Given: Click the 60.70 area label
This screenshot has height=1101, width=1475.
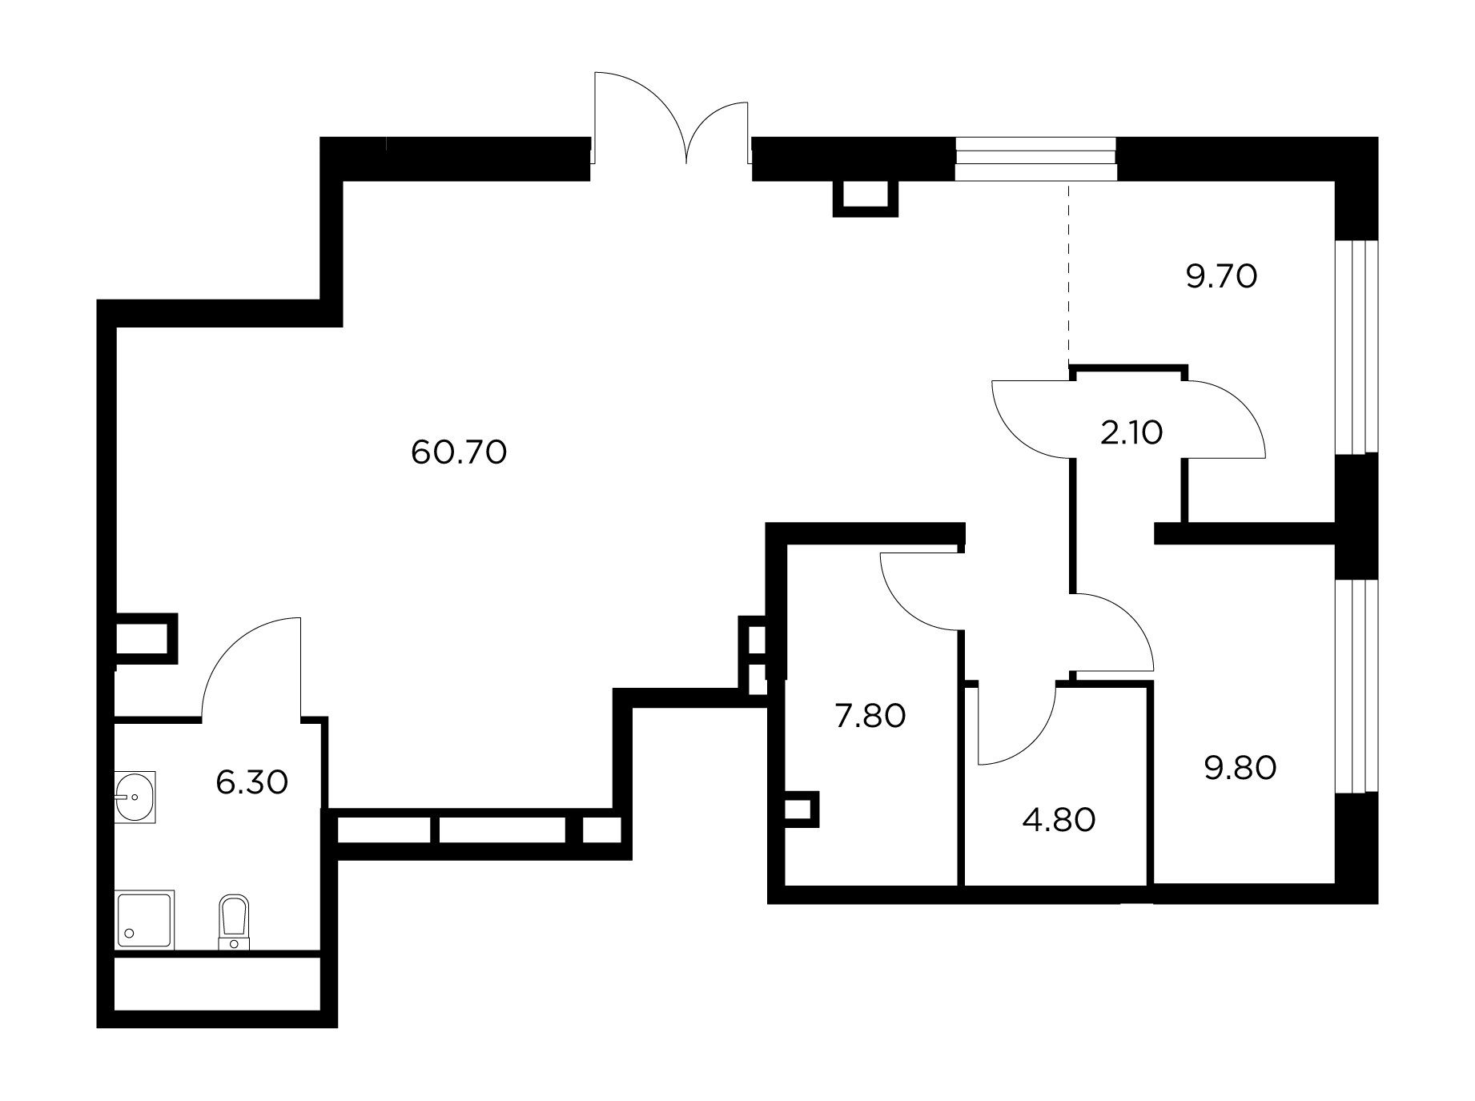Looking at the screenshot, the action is click(459, 453).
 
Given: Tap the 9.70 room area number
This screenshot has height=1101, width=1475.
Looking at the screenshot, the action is click(1221, 277).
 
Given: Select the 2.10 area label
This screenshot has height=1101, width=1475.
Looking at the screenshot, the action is click(1131, 432).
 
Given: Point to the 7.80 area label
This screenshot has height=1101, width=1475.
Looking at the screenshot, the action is click(870, 715).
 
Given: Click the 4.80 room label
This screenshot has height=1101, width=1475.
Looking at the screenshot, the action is click(1059, 820).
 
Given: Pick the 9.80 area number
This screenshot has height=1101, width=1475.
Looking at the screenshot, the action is click(1240, 768).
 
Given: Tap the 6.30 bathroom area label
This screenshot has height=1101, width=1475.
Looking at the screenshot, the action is click(251, 782).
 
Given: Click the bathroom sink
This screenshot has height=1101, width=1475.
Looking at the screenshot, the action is click(135, 797).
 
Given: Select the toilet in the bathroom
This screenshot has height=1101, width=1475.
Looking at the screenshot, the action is click(233, 922).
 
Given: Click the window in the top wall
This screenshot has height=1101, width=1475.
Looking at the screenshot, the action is click(1035, 159).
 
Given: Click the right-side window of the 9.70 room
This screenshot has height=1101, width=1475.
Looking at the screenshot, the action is click(1356, 347).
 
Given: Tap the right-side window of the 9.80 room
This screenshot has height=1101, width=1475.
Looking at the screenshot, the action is click(1356, 686).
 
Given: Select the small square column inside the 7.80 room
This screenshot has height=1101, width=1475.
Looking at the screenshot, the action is click(802, 810).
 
